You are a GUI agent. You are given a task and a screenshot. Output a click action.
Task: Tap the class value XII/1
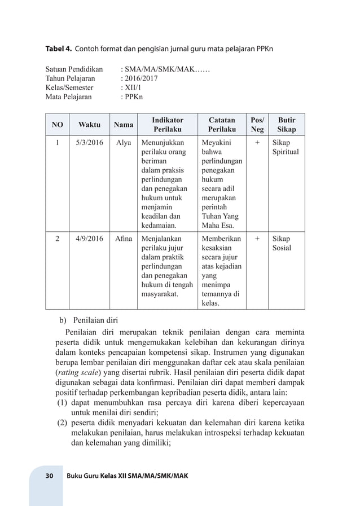pyautogui.click(x=133, y=87)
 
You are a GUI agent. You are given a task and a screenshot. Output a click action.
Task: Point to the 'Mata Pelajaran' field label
pyautogui.click(x=68, y=96)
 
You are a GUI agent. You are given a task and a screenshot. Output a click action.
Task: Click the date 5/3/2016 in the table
pyautogui.click(x=90, y=143)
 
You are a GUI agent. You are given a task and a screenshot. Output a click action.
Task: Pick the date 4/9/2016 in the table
pyautogui.click(x=90, y=238)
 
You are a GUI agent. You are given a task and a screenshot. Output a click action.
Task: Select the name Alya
pyautogui.click(x=124, y=143)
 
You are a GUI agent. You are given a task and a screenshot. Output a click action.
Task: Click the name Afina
pyautogui.click(x=124, y=238)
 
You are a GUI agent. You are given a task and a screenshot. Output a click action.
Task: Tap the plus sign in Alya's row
pyautogui.click(x=257, y=143)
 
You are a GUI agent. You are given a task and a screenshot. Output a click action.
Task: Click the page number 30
pyautogui.click(x=49, y=476)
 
